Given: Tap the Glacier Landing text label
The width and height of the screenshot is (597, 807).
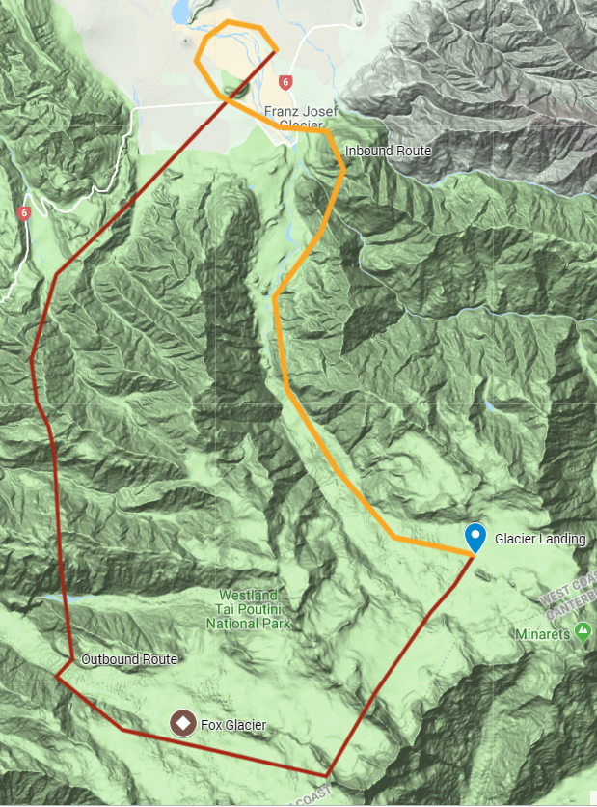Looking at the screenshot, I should tap(540, 539).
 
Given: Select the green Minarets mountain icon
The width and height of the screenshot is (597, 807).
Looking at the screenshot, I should tap(583, 632).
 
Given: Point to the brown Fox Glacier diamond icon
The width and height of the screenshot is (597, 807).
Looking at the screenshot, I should tap(180, 722).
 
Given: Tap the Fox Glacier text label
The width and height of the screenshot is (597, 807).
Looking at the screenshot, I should tap(233, 724).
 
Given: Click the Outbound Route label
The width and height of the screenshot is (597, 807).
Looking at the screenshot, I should tap(128, 659).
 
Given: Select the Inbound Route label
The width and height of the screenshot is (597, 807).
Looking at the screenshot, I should tap(388, 152).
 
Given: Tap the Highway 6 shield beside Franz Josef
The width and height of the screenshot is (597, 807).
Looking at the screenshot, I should tap(285, 82).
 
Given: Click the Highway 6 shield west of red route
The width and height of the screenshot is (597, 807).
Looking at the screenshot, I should tap(24, 212).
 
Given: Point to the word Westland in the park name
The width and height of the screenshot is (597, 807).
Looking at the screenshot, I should tap(248, 595).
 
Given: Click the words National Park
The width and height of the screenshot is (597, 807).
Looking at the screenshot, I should tap(248, 624).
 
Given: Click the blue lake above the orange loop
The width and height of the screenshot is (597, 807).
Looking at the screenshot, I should tap(181, 12).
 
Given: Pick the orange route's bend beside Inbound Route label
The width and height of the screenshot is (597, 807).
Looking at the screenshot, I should tap(343, 169).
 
